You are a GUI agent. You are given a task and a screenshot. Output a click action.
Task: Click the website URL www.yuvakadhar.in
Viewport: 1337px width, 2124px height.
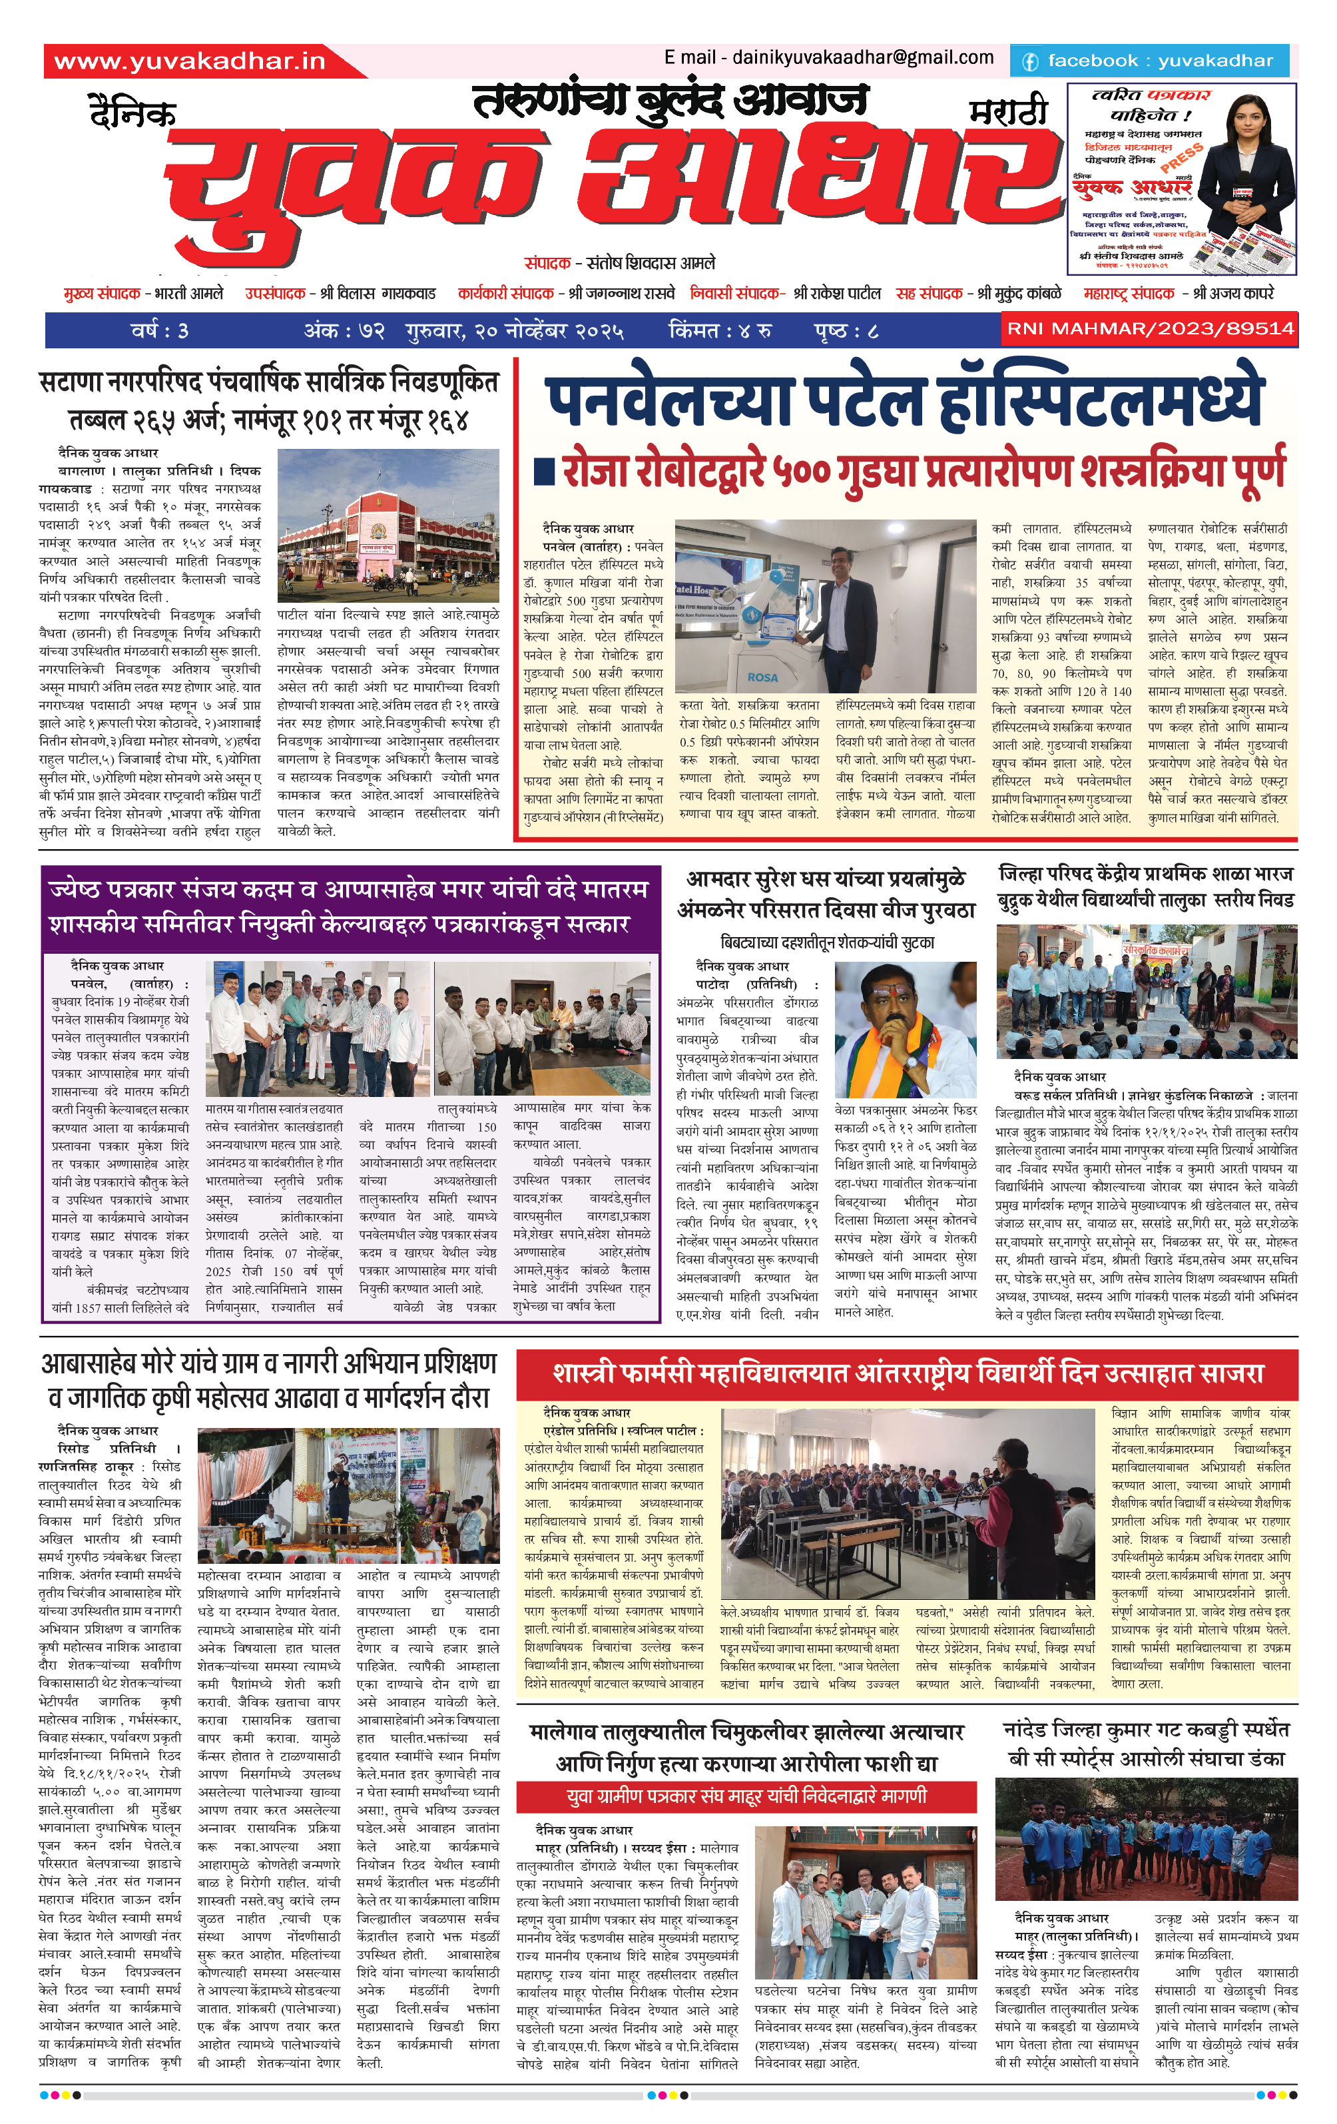coord(190,61)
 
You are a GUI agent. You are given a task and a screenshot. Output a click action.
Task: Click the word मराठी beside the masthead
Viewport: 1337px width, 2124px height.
coord(1007,112)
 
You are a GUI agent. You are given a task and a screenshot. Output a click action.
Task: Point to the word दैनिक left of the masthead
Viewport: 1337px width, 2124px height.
coord(133,113)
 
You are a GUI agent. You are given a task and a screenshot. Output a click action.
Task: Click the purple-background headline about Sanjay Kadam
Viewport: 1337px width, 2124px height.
coord(350,906)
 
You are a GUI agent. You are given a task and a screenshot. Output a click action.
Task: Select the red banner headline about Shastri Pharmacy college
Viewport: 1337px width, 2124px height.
coord(908,1373)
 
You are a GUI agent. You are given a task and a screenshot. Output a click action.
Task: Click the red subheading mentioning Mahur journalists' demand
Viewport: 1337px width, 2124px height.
coord(746,1796)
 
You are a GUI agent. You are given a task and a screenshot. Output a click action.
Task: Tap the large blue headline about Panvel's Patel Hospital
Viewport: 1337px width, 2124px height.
coord(905,402)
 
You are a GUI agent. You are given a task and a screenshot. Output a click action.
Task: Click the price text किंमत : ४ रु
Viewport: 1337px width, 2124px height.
coord(720,331)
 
